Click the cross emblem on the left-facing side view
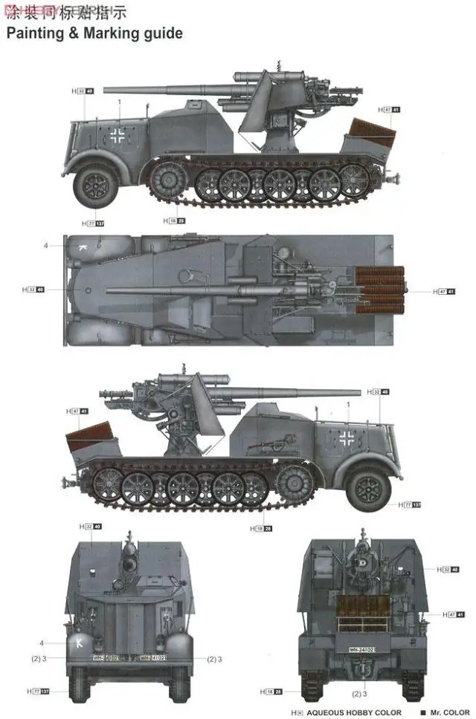pyautogui.click(x=119, y=135)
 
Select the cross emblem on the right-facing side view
pyautogui.click(x=347, y=437)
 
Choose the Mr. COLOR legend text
pyautogui.click(x=447, y=712)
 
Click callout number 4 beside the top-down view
pyautogui.click(x=45, y=245)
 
